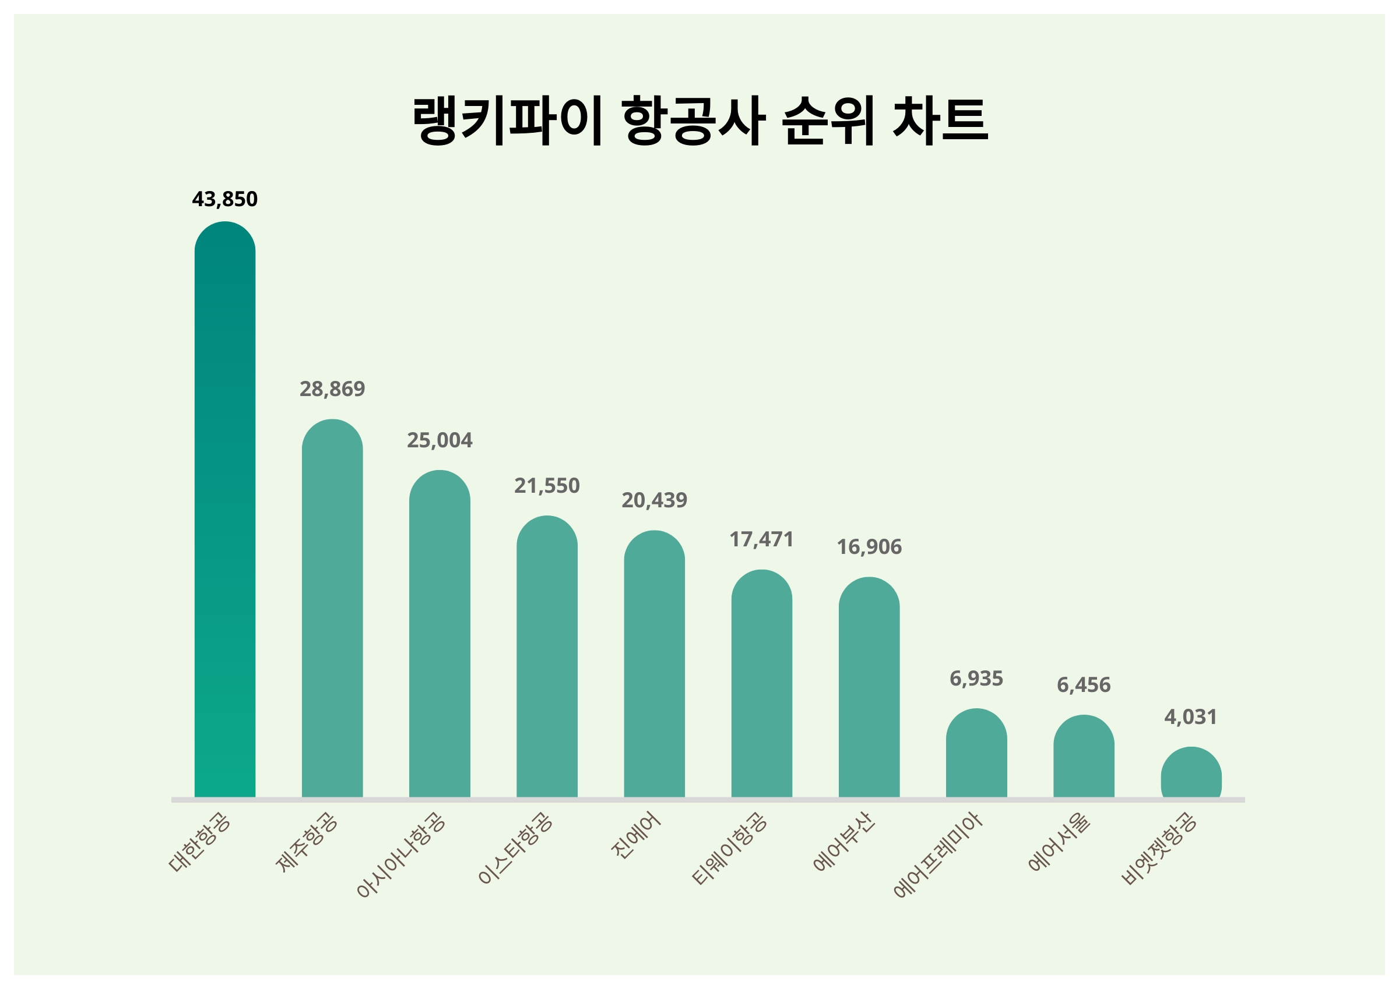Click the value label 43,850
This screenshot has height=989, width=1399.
(225, 199)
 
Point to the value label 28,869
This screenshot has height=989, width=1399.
(332, 388)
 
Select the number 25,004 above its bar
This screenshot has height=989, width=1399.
(440, 440)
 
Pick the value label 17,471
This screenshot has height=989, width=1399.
(762, 539)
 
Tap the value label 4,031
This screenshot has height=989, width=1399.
(1191, 717)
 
